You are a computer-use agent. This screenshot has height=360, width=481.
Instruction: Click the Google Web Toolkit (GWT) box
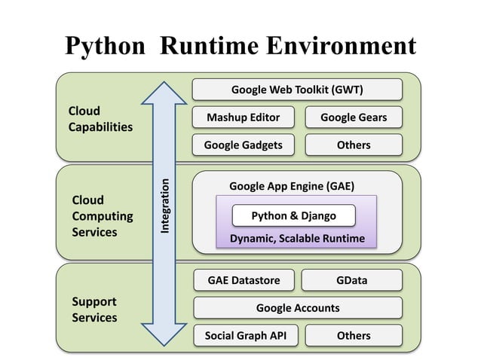tap(297, 90)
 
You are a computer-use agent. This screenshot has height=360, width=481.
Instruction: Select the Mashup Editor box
tap(243, 117)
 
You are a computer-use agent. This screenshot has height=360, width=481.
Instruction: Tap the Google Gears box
tap(354, 117)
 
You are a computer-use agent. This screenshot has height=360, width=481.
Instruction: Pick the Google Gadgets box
tap(243, 145)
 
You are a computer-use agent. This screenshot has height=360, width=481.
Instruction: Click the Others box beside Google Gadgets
tap(354, 145)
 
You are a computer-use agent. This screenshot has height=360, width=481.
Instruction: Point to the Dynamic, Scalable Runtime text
tap(297, 238)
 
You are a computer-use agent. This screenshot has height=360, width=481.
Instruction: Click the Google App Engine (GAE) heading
tap(291, 186)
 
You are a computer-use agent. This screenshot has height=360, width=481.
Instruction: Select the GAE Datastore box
tap(244, 280)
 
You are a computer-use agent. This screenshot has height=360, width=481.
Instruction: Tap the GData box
tap(352, 280)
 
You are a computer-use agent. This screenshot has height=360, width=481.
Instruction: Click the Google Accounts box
tap(297, 307)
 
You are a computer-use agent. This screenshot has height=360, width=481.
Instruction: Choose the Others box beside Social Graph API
tap(354, 335)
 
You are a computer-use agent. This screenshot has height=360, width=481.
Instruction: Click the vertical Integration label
tap(166, 206)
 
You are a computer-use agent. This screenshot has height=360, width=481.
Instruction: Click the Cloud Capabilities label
tap(100, 119)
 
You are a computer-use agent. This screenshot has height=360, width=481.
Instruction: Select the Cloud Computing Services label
tap(102, 216)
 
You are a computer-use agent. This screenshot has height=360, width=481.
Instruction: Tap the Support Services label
tap(94, 310)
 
